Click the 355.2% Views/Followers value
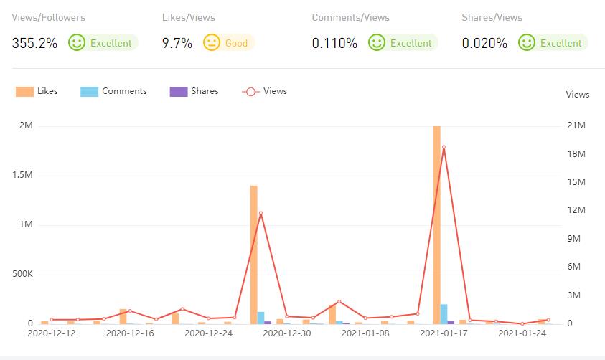[34, 43]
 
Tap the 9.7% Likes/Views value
[177, 43]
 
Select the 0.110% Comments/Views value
[334, 43]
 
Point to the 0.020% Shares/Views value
[484, 43]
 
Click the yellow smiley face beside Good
[211, 43]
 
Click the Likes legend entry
[37, 91]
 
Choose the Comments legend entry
[114, 91]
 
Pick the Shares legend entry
[194, 91]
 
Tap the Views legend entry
[265, 91]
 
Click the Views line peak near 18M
[444, 147]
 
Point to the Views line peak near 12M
[261, 213]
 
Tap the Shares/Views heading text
[492, 17]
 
